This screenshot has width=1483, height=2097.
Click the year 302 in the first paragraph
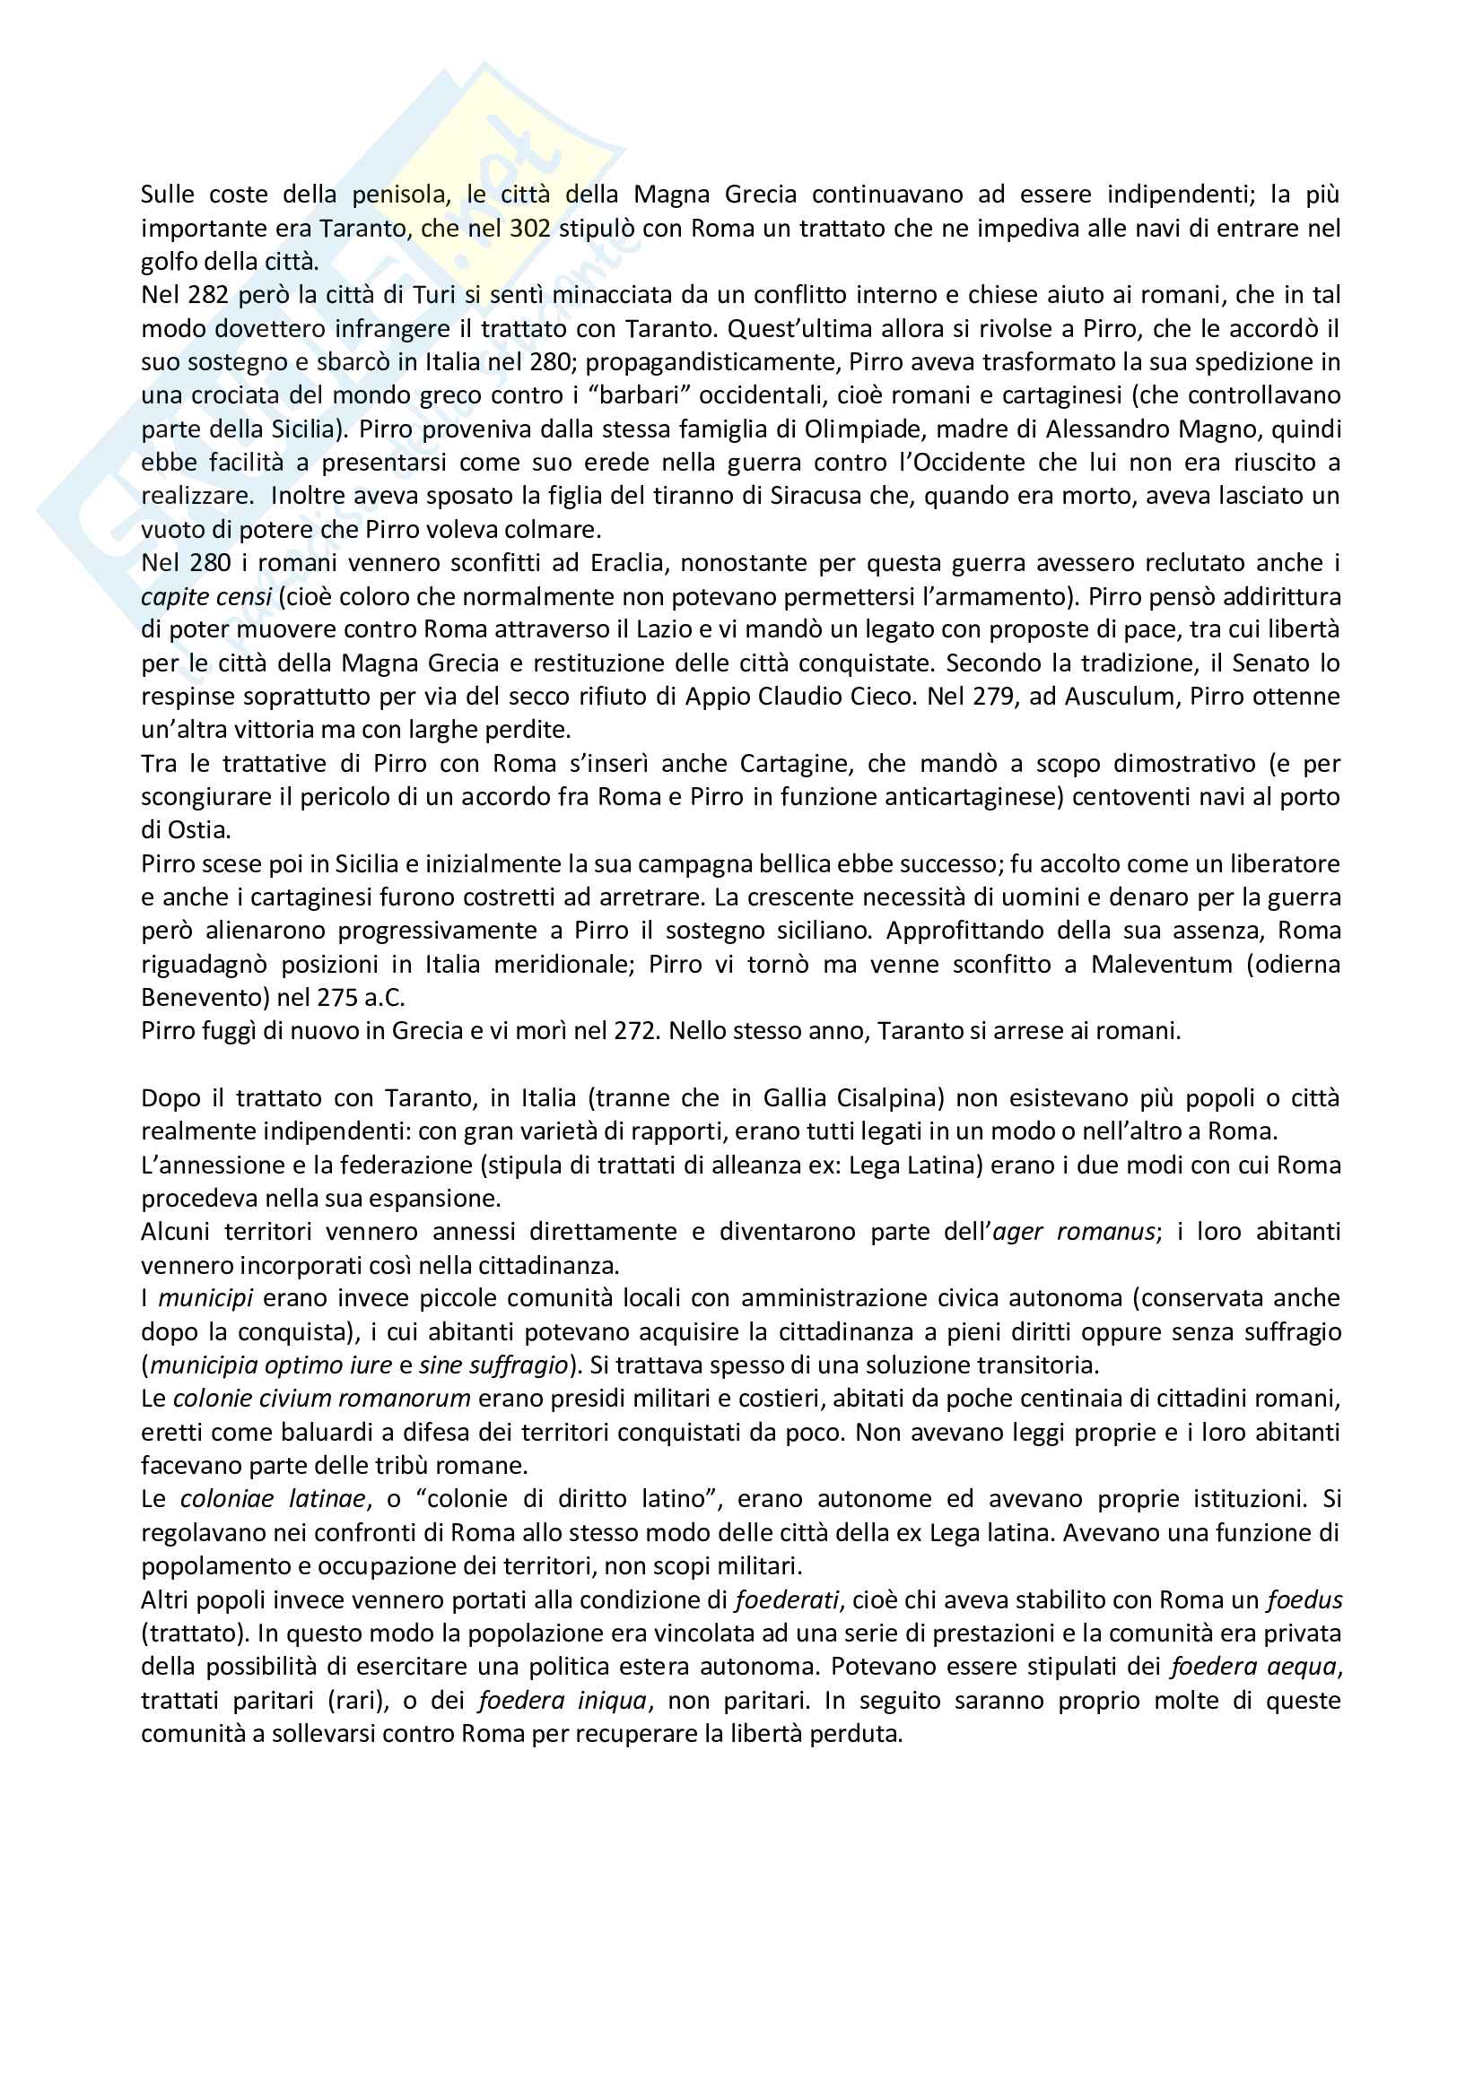click(530, 229)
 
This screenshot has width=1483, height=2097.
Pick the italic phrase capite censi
click(206, 596)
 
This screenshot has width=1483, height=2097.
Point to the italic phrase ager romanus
click(1073, 1232)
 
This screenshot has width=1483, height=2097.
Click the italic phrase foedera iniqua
click(562, 1701)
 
